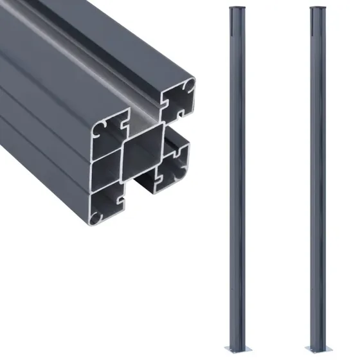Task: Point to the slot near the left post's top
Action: (x=233, y=26)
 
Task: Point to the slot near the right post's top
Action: (x=312, y=26)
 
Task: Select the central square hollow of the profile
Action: (x=143, y=155)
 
